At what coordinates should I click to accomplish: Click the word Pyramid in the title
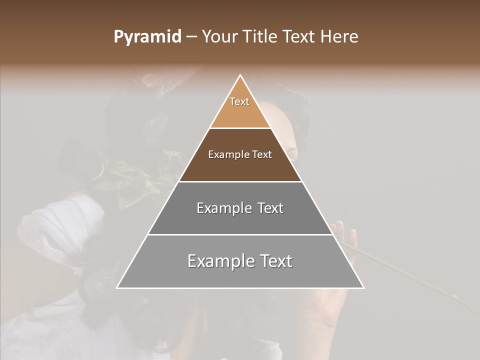(x=147, y=37)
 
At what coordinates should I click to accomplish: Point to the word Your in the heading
(x=220, y=37)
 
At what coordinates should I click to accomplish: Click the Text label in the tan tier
(x=239, y=101)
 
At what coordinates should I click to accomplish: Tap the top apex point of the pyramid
(x=240, y=75)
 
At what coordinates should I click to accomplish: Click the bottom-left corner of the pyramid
(x=117, y=287)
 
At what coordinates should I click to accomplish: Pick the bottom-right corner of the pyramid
(x=363, y=287)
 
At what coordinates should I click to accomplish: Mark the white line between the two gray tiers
(x=240, y=234)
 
